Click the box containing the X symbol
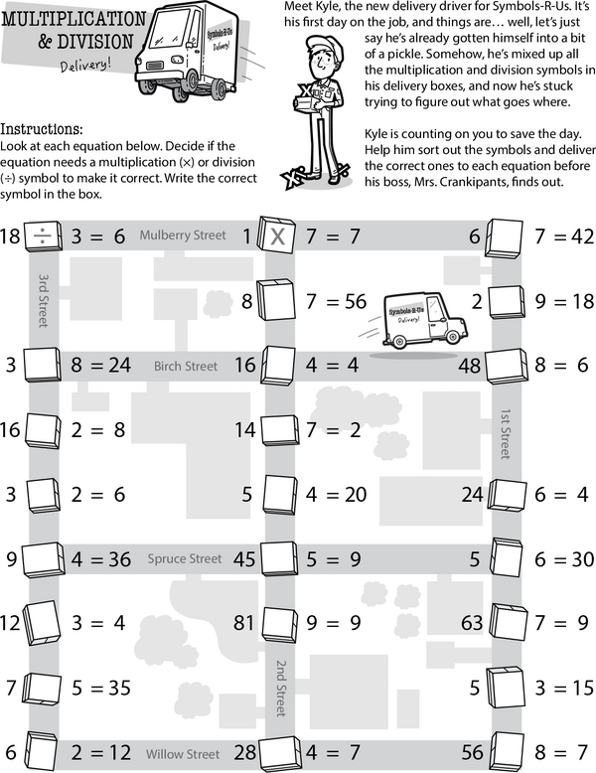coord(278,236)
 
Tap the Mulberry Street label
coord(176,235)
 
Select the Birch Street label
coord(185,367)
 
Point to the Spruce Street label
coord(186,558)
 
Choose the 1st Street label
coord(506,433)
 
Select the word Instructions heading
coord(42,130)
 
